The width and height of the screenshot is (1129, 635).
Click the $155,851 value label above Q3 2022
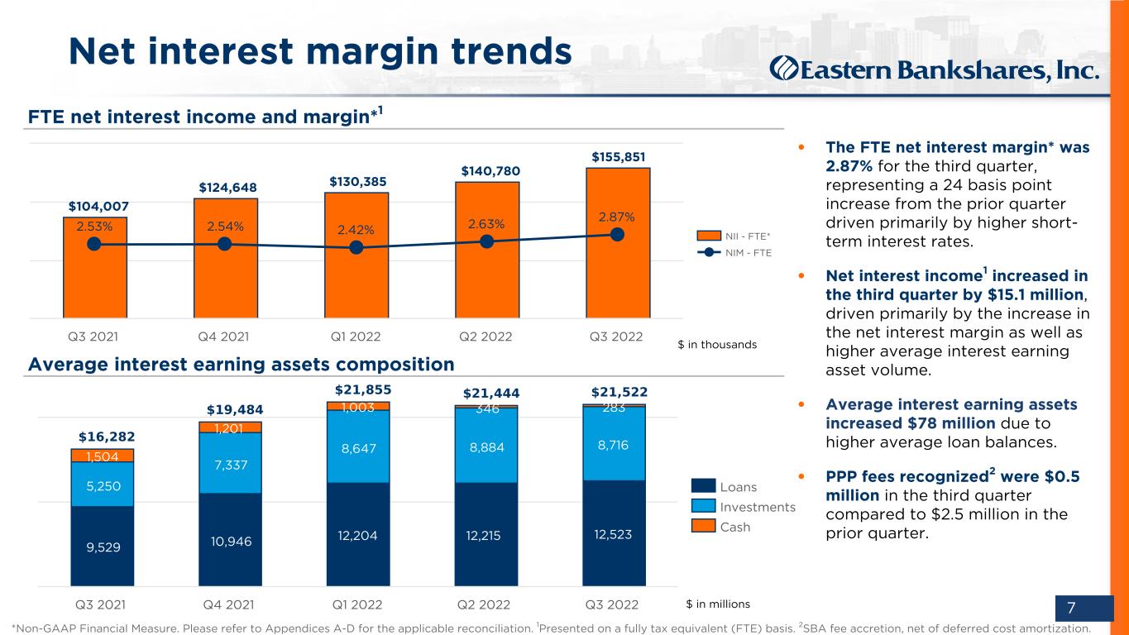pos(619,157)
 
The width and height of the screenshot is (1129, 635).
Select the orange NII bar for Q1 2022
pos(356,255)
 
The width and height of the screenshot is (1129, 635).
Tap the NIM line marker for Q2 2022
pos(486,242)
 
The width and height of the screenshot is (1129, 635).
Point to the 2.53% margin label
pos(94,227)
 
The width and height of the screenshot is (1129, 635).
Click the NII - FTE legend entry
pos(734,236)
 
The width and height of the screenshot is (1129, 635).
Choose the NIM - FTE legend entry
pos(734,252)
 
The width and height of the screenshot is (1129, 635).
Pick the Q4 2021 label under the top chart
pos(223,337)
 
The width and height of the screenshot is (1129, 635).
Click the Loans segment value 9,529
pos(103,547)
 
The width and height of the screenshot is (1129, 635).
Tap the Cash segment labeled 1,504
pos(103,456)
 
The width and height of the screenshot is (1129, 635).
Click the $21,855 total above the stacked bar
pos(363,389)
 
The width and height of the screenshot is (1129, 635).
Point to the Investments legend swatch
pos(703,506)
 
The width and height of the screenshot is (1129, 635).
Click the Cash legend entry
pos(720,527)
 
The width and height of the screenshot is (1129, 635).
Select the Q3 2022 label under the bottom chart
pos(611,604)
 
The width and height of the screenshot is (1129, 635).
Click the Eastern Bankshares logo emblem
pos(784,69)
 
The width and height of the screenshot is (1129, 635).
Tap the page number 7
pos(1071,608)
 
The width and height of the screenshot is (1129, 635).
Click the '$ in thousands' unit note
pos(717,345)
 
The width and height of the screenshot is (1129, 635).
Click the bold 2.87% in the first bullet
pos(849,166)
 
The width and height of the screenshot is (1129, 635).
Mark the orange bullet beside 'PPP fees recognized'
pos(801,477)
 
